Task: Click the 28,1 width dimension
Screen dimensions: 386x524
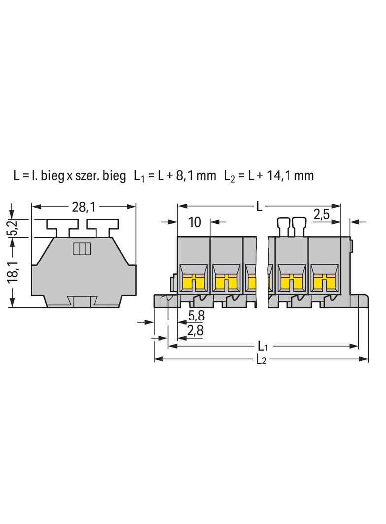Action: point(84,207)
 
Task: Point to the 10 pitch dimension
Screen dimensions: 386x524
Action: point(194,222)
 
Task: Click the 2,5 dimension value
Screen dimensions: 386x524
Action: point(322,215)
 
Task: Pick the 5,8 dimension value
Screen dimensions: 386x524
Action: point(196,315)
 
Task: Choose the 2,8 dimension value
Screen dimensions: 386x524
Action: point(195,330)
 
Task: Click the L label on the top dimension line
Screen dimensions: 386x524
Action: point(259,207)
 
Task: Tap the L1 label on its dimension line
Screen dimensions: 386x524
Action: point(263,346)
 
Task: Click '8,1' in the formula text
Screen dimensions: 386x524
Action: point(184,175)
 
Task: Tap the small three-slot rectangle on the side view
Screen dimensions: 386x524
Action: point(82,249)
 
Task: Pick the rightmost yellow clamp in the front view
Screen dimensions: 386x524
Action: point(323,281)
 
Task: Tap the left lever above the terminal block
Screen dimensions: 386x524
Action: point(283,227)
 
